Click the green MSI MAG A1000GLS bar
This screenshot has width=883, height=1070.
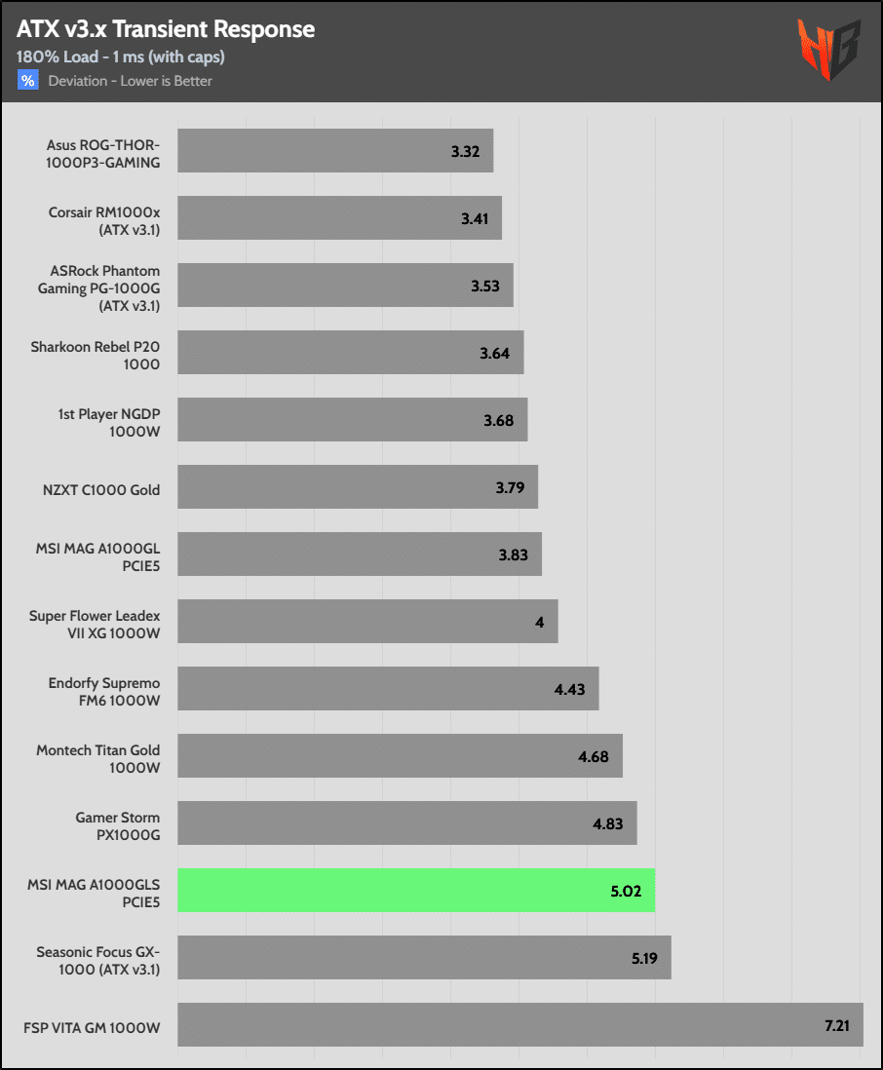[416, 891]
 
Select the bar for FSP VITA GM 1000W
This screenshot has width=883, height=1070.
[520, 1025]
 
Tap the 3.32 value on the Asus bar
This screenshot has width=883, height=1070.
[466, 152]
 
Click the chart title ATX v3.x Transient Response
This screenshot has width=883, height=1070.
[166, 29]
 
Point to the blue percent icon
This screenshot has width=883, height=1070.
[28, 81]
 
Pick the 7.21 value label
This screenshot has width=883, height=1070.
[834, 1026]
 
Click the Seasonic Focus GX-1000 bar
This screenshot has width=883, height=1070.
[424, 958]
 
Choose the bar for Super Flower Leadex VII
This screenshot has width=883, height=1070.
[367, 622]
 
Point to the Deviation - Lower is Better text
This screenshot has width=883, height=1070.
[130, 81]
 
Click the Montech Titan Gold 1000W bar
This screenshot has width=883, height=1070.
[400, 756]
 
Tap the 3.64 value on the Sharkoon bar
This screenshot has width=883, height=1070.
[495, 354]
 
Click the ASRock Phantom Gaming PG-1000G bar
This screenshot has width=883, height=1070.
[345, 287]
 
